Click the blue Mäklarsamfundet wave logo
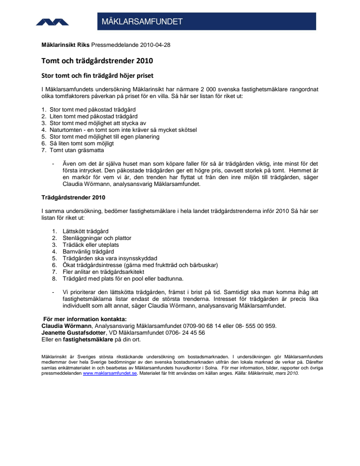coord(52,22)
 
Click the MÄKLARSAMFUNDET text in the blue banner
coord(142,22)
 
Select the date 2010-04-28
coord(155,45)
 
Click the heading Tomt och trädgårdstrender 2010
coord(97,61)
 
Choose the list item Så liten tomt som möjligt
coord(82,143)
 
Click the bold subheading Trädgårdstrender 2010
coord(73,198)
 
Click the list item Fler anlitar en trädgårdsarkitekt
coord(103,272)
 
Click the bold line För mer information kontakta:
coord(85,319)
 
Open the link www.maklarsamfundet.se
coord(111,373)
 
